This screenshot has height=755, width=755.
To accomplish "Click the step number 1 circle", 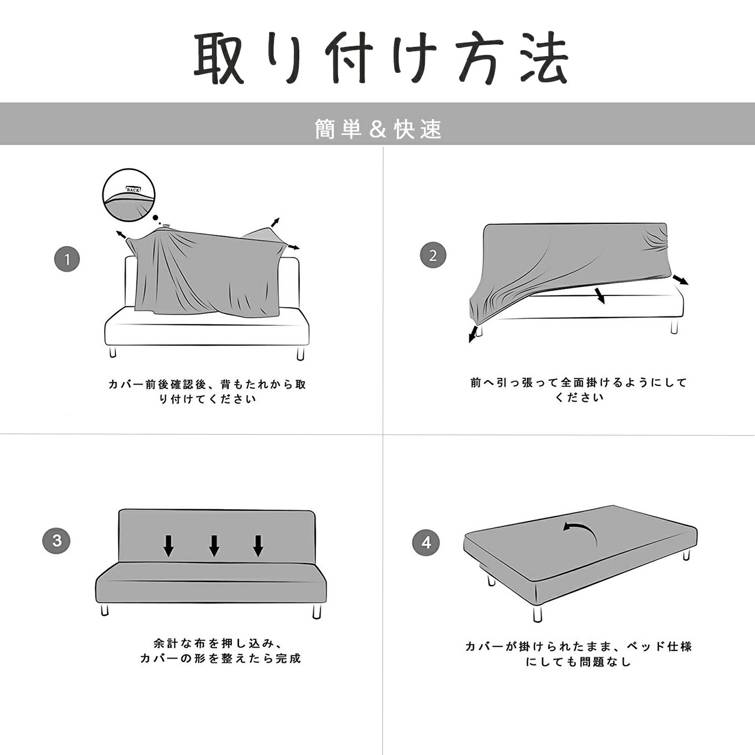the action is [67, 259].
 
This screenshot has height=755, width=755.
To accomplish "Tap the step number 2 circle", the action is [433, 255].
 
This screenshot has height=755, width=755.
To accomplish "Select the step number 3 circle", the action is [57, 541].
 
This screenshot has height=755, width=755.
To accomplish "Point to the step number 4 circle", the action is [426, 543].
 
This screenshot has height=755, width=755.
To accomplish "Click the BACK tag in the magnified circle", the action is [133, 190].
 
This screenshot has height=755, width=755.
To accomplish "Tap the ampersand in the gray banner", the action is [377, 129].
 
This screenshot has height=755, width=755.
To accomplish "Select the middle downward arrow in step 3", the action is [214, 546].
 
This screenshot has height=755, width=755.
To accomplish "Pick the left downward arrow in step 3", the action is [168, 546].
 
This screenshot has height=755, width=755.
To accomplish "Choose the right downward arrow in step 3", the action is [258, 546].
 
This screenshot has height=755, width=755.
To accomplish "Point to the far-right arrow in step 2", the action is [681, 280].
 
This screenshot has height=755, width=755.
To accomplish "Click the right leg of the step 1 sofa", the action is [300, 353].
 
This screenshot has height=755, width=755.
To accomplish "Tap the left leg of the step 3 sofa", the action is [104, 609].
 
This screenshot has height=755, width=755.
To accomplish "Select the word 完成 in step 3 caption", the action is [288, 658].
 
